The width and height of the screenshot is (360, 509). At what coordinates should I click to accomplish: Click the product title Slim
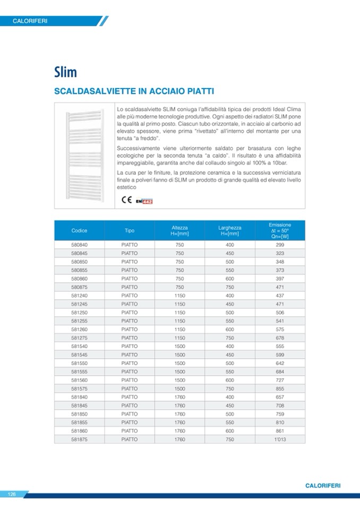(x=65, y=72)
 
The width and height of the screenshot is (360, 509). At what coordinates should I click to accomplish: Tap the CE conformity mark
(x=127, y=200)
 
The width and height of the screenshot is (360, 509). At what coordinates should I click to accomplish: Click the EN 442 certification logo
(x=144, y=201)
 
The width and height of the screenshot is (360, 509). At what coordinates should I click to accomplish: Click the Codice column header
(x=79, y=231)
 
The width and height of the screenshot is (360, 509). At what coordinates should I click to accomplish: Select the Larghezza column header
(x=230, y=231)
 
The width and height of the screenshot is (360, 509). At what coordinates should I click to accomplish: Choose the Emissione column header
(x=280, y=231)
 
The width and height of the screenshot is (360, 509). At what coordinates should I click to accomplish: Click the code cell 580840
(x=79, y=245)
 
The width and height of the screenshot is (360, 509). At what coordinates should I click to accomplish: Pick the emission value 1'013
(x=280, y=439)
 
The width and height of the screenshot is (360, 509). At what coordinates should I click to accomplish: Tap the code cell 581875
(x=79, y=439)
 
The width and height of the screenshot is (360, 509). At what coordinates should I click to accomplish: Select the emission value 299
(x=280, y=245)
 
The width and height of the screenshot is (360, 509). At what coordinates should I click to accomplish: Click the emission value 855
(x=280, y=389)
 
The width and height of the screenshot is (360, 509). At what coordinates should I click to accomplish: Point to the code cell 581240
(x=79, y=296)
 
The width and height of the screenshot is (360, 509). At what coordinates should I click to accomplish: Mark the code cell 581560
(x=79, y=380)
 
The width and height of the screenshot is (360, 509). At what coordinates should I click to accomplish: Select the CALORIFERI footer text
(x=323, y=486)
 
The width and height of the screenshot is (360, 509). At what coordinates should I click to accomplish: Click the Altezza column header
(x=179, y=231)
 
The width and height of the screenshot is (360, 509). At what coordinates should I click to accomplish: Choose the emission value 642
(x=280, y=363)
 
